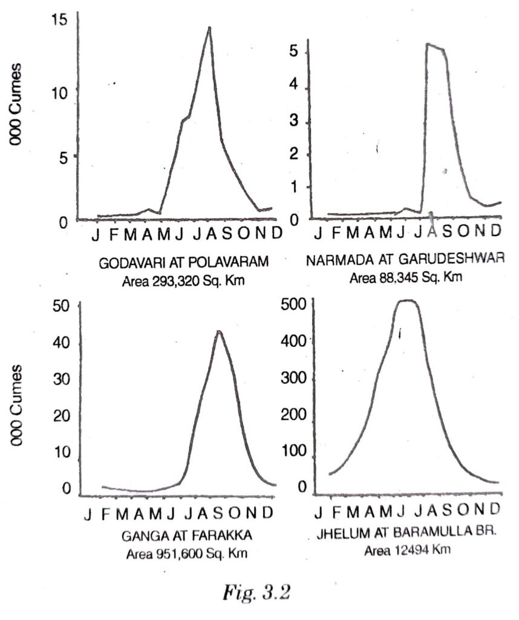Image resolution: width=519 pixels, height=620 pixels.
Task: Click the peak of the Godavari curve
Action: (x=209, y=27)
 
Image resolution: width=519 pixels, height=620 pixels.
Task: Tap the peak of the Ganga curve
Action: (x=218, y=331)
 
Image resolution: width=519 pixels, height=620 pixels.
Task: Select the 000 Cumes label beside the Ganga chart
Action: (x=17, y=404)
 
